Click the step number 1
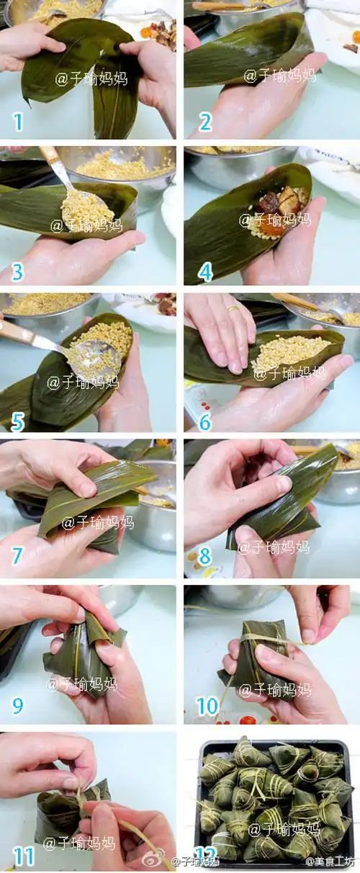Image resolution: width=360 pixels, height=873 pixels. [x=18, y=122]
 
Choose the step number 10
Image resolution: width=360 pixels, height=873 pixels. [x=207, y=706]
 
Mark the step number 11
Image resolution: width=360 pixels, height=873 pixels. [x=24, y=856]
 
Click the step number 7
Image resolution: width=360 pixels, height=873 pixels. [x=17, y=556]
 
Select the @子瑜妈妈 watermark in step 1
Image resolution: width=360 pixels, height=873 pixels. [x=91, y=78]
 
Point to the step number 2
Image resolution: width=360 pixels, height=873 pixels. [x=205, y=122]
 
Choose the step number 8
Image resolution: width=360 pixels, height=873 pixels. [x=205, y=556]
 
